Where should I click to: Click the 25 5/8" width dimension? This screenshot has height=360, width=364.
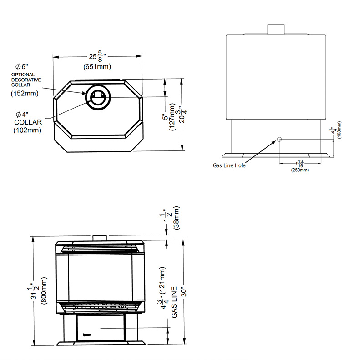97,56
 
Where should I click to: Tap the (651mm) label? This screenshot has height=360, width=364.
97,66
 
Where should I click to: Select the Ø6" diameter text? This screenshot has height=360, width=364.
21,67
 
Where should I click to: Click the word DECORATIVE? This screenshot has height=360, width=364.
26,80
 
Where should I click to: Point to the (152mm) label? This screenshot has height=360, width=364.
25,94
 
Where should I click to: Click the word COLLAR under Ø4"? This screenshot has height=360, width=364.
28,122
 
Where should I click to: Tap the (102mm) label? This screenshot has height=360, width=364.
27,130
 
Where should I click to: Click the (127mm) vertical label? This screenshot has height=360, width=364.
172,117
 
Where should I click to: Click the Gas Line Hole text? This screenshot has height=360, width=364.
229,165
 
